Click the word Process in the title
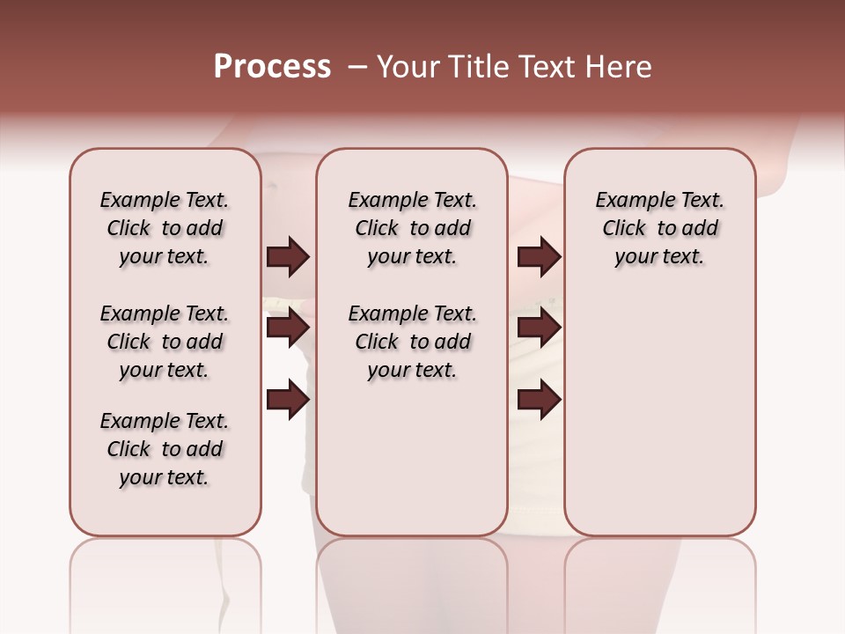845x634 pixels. pos(272,67)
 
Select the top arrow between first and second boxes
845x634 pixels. pos(288,257)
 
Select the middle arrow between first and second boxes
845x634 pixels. pos(288,328)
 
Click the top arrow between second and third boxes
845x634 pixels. pos(539,257)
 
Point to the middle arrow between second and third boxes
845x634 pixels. pos(539,328)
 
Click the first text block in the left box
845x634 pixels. pos(165,228)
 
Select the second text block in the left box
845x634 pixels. pos(165,342)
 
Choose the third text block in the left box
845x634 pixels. pos(165,449)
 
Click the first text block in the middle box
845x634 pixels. pos(412,228)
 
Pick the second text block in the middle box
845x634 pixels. pos(412,342)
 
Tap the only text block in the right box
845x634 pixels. pos(660,228)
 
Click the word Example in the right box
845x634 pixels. pos(628,201)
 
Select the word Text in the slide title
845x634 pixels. pos(547,67)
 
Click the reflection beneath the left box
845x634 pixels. pos(165,581)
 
